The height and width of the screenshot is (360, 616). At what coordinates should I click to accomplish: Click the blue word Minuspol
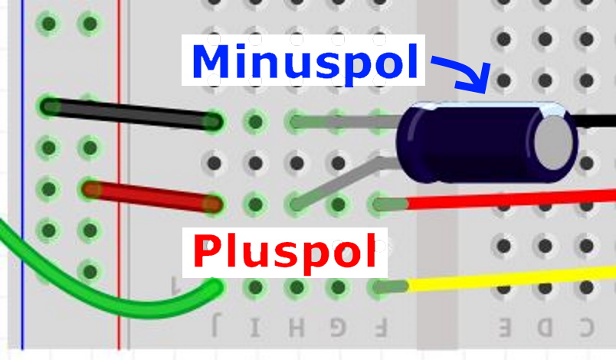tap(301, 61)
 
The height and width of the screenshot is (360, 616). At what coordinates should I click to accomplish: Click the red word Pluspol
tap(285, 251)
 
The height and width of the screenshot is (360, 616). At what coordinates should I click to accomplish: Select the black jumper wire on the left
tap(130, 113)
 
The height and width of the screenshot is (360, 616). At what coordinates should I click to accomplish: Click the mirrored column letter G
tap(337, 328)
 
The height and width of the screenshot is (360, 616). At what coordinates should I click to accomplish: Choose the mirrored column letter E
tap(505, 328)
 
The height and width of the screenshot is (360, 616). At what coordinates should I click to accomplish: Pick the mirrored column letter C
tap(586, 328)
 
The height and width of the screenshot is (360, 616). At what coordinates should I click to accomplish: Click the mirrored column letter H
tap(297, 328)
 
